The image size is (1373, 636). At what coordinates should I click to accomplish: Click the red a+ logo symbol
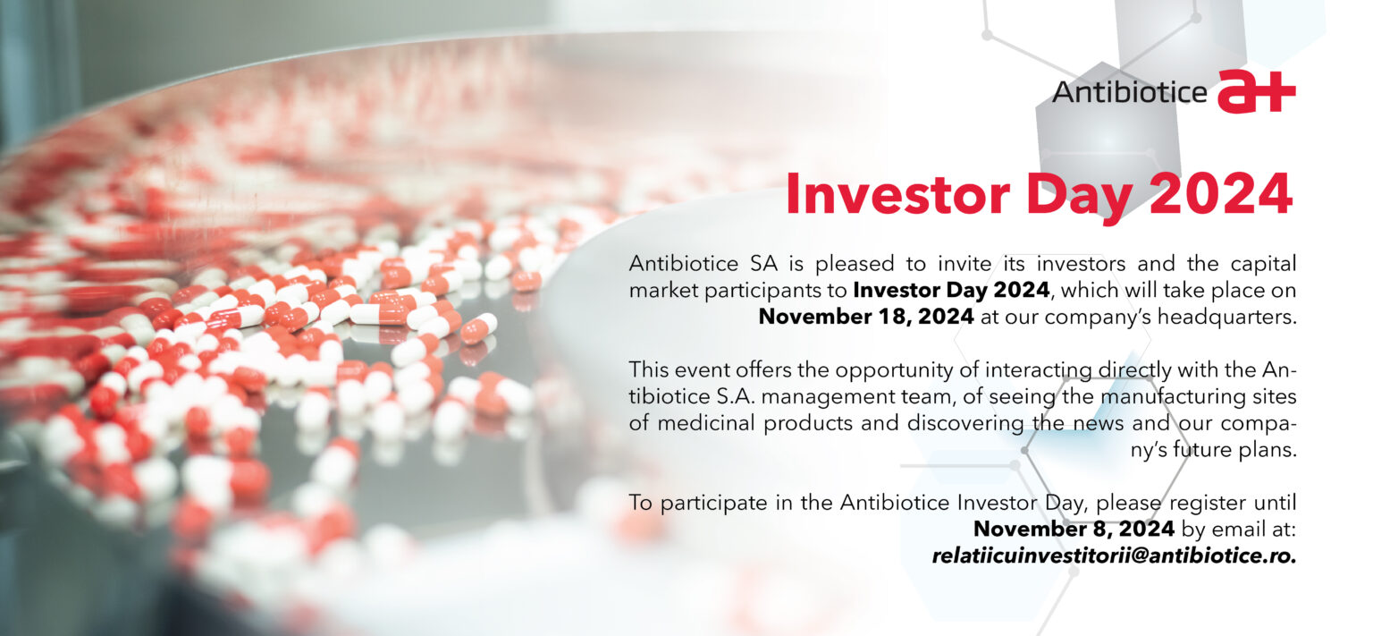pyautogui.click(x=1257, y=91)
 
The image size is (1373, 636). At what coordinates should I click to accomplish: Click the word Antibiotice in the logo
pyautogui.click(x=1130, y=93)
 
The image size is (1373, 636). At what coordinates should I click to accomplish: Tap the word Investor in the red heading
pyautogui.click(x=897, y=194)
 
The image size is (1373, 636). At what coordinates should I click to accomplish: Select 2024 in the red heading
pyautogui.click(x=1221, y=194)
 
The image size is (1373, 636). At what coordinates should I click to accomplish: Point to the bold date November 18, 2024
pyautogui.click(x=866, y=317)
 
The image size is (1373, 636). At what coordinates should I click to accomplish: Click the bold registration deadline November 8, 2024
pyautogui.click(x=1074, y=529)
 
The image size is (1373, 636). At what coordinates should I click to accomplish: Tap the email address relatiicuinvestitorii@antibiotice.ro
pyautogui.click(x=1114, y=555)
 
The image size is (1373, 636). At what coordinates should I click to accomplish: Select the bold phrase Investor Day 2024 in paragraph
pyautogui.click(x=951, y=290)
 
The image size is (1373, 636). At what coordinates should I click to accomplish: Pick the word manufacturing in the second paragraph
pyautogui.click(x=1173, y=397)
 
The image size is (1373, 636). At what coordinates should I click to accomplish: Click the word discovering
pyautogui.click(x=965, y=423)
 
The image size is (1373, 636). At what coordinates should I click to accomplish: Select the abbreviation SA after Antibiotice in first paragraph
pyautogui.click(x=763, y=264)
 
